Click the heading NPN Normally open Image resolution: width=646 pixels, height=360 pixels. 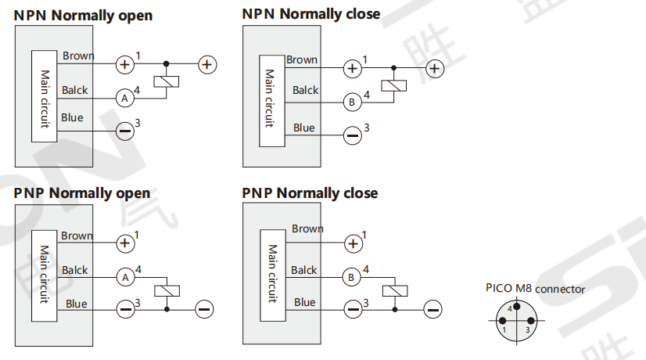83,16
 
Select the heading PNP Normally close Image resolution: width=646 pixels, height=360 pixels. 310,193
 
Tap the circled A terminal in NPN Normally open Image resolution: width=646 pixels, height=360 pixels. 124,98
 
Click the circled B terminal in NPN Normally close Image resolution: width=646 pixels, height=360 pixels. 353,102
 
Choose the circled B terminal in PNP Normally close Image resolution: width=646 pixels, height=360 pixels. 353,276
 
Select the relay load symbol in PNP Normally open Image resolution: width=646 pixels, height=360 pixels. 167,291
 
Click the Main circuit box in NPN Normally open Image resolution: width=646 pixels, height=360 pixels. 45,96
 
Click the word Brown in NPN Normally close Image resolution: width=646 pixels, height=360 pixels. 302,60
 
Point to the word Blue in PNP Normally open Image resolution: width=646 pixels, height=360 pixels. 77,304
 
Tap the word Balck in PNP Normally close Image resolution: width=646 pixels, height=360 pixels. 304,270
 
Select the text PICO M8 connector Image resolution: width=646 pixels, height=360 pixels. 535,289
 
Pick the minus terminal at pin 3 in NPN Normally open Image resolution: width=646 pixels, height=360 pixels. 124,131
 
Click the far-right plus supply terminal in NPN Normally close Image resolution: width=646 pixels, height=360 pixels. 435,69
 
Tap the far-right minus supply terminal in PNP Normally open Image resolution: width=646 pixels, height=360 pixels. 205,309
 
